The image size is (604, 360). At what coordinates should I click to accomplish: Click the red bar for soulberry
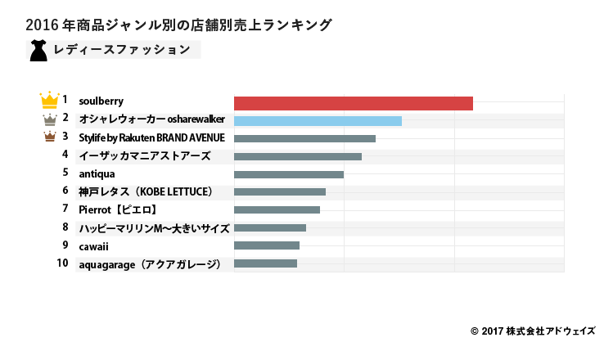point(353,103)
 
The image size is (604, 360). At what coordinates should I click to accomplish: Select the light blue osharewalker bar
point(318,121)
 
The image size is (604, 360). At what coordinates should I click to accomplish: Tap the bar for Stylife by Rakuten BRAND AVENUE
point(304,138)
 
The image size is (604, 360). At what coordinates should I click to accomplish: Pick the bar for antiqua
point(288,174)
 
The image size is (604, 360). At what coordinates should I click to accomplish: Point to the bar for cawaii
point(266,245)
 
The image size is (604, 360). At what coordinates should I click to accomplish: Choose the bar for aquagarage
point(265,263)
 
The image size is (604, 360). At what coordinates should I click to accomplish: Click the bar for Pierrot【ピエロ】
point(277,210)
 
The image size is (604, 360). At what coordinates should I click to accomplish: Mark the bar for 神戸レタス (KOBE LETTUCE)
point(279,192)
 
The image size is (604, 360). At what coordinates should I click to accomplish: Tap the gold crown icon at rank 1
point(49,101)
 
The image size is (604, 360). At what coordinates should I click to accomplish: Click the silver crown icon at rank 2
point(50,119)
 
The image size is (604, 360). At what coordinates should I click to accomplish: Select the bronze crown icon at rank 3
point(50,137)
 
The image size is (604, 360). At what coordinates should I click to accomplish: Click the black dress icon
point(38,50)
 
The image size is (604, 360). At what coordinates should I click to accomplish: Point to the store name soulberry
point(101,101)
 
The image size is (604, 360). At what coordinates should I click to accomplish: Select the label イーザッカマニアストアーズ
point(144,155)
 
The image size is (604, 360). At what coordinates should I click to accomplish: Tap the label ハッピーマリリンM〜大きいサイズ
point(154,227)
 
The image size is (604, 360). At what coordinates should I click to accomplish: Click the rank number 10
point(62,263)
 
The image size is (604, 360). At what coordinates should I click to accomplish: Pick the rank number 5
point(65,173)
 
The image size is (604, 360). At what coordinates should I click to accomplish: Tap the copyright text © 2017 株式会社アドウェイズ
point(533,331)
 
